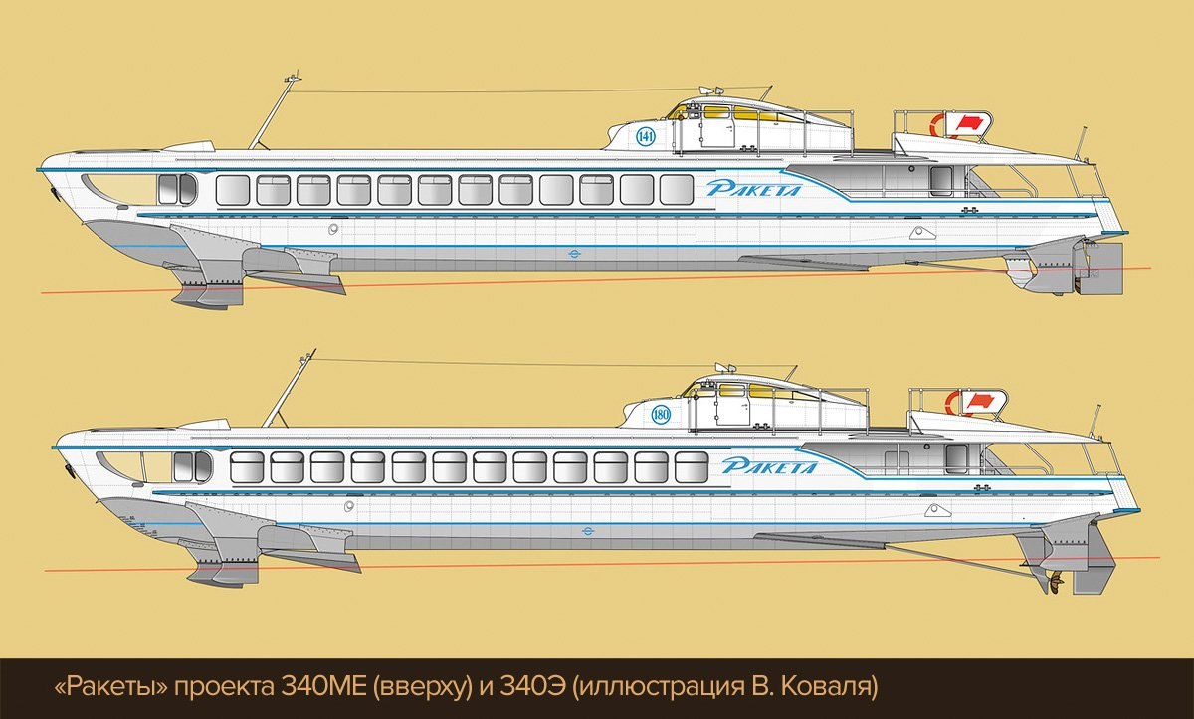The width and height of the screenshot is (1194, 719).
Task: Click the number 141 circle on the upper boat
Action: tap(645, 137)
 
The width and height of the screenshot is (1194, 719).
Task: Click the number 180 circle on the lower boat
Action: tap(661, 415)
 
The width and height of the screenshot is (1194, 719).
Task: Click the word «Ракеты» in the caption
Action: tap(110, 687)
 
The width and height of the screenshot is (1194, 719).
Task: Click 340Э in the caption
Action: tap(532, 687)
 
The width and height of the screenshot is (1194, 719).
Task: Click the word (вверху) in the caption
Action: tap(422, 688)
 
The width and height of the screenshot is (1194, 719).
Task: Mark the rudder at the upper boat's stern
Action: tap(1108, 269)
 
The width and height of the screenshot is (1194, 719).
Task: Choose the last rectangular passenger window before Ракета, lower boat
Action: tap(692, 467)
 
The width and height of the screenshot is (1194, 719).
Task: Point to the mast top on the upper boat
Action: tap(293, 79)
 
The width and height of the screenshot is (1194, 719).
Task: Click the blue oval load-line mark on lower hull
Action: tap(588, 530)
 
